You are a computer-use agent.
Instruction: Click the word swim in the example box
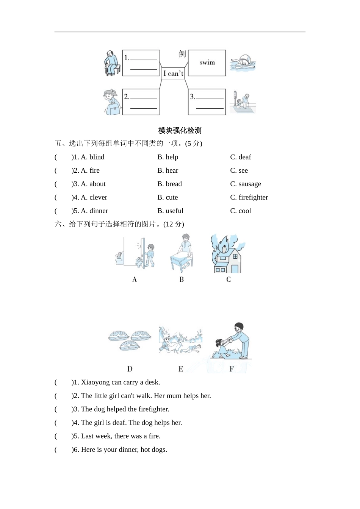click(x=207, y=63)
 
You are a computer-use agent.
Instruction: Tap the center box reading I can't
click(x=173, y=73)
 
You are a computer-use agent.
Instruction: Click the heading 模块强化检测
click(x=180, y=131)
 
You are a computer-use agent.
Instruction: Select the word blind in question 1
click(x=97, y=157)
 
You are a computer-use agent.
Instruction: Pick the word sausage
click(x=249, y=184)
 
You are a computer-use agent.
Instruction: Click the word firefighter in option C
click(x=253, y=198)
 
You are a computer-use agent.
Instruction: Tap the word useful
click(x=174, y=211)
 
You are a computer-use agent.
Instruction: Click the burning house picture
click(x=227, y=254)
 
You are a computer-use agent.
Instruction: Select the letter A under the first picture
click(x=135, y=279)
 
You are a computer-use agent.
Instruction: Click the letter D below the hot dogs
click(x=130, y=369)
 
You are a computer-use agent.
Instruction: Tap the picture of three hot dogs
click(x=130, y=340)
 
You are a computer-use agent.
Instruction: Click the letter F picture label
click(x=232, y=369)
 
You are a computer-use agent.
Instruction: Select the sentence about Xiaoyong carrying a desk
click(x=121, y=383)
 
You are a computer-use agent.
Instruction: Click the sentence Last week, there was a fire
click(x=121, y=436)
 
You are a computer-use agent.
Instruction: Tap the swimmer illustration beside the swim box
click(x=243, y=63)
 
